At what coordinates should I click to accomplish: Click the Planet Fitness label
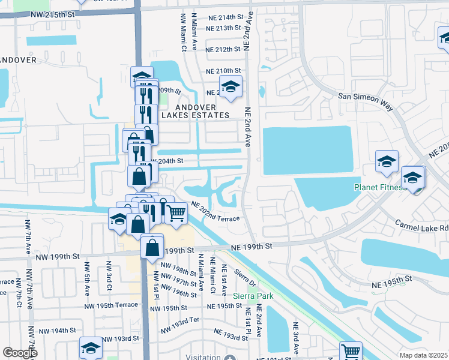(x=379, y=187)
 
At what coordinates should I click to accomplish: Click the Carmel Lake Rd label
(x=421, y=226)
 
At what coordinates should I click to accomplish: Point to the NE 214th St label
(x=223, y=18)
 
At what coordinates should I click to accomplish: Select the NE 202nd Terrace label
(x=215, y=212)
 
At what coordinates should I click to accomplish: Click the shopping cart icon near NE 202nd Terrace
(x=175, y=213)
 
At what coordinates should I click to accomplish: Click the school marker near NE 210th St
(x=230, y=88)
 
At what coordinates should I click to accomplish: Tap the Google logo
(x=20, y=353)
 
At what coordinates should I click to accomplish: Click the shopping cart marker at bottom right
(x=351, y=352)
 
